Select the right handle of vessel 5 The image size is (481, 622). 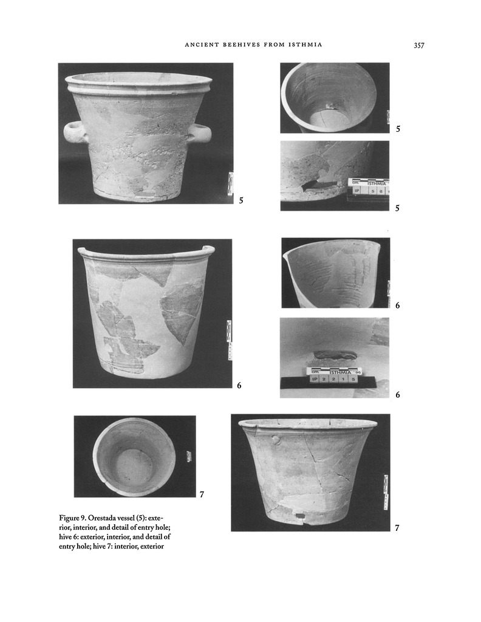[200, 133]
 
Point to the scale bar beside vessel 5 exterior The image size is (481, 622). [230, 183]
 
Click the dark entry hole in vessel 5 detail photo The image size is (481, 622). [318, 183]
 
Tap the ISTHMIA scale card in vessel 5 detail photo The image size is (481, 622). [368, 182]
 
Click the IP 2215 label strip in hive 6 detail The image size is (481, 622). [333, 379]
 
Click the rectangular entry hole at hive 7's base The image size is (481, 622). [298, 517]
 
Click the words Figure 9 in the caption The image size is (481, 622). [72, 518]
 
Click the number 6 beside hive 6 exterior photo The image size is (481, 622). [239, 385]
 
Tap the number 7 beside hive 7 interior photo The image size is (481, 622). [202, 494]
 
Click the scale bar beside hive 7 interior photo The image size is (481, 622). [189, 456]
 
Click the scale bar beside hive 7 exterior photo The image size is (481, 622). [386, 492]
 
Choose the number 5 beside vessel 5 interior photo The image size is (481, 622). [397, 129]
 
